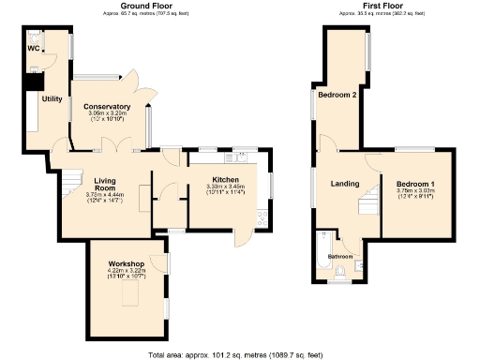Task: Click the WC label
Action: pyautogui.click(x=33, y=48)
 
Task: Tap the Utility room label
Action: pyautogui.click(x=52, y=98)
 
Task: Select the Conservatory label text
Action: pyautogui.click(x=107, y=107)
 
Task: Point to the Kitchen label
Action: pyautogui.click(x=225, y=179)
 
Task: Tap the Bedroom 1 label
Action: pyautogui.click(x=414, y=183)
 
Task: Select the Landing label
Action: pyautogui.click(x=345, y=183)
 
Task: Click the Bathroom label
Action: pyautogui.click(x=339, y=256)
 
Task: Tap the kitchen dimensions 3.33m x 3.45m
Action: pyautogui.click(x=225, y=187)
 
